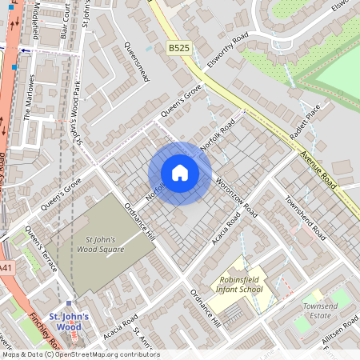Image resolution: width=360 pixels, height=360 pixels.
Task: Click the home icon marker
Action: tap(180, 173)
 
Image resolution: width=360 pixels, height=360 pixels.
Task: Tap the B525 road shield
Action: tap(179, 49)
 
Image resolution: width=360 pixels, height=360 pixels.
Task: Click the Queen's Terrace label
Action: tap(40, 248)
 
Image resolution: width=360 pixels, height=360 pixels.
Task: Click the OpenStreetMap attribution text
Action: tap(80, 354)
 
